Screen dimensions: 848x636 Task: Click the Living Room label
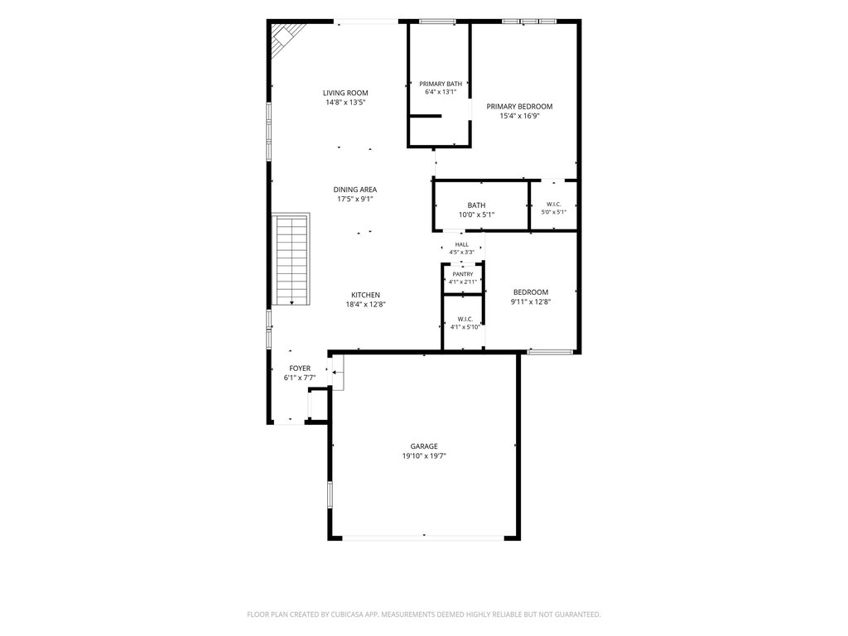click(x=345, y=93)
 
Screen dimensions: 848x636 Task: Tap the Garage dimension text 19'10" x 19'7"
click(x=424, y=456)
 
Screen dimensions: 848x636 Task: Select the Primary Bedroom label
click(x=519, y=107)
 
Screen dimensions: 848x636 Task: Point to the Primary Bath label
click(x=441, y=84)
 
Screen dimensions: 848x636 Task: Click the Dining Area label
click(x=354, y=190)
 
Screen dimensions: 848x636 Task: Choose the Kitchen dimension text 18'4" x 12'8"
click(x=365, y=305)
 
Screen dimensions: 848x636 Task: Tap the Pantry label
click(x=462, y=274)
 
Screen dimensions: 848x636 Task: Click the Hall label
click(x=462, y=244)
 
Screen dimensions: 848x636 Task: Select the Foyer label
click(x=300, y=369)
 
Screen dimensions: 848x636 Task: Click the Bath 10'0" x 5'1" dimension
click(x=476, y=214)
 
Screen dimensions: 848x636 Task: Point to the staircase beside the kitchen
click(x=291, y=259)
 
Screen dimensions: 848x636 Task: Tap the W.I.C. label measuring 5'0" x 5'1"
click(x=554, y=204)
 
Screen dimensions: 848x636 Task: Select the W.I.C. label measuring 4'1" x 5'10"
click(x=465, y=319)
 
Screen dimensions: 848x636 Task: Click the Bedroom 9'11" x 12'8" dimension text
click(x=531, y=301)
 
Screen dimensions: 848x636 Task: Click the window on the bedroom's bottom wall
click(x=550, y=352)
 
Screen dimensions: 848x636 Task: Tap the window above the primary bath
click(x=437, y=22)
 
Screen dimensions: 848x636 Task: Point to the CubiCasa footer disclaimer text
click(x=423, y=614)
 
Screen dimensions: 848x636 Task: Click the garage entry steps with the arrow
click(x=338, y=373)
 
